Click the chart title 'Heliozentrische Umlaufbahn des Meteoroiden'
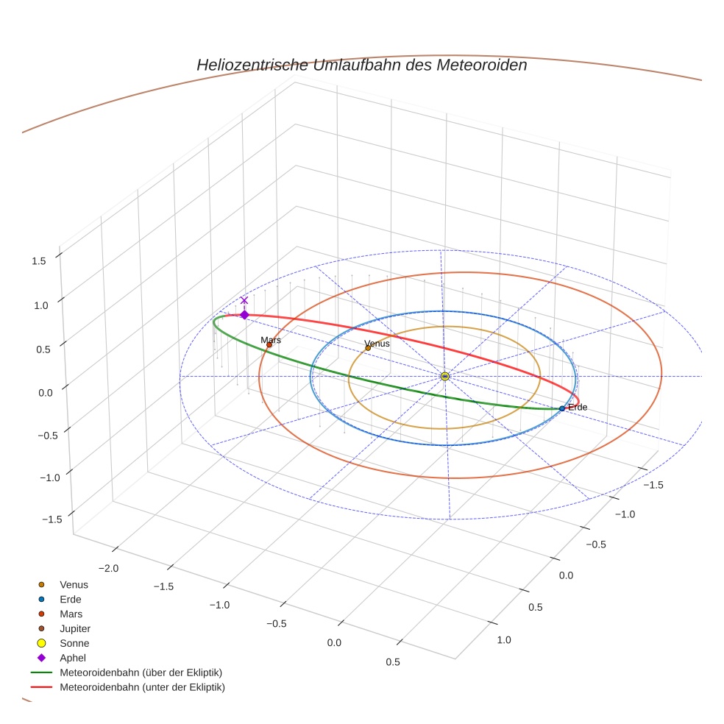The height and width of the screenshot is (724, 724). [361, 65]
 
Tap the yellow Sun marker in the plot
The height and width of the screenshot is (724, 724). [445, 376]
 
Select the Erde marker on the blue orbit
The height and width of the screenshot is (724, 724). [562, 408]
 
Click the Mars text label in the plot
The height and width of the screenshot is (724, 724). [271, 340]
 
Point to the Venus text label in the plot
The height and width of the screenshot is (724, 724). [377, 344]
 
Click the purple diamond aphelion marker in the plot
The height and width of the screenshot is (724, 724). [244, 315]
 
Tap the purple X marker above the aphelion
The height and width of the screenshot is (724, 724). [244, 300]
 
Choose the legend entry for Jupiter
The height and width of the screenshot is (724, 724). [75, 628]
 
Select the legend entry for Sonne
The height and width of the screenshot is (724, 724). [74, 643]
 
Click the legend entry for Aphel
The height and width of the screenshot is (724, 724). [73, 658]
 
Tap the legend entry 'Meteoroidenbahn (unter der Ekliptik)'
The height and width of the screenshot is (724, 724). [142, 687]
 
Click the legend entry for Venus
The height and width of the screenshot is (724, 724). [74, 584]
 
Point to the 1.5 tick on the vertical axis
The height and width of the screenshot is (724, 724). [40, 260]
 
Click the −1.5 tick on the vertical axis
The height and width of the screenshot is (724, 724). [52, 519]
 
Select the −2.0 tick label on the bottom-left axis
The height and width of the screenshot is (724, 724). [108, 568]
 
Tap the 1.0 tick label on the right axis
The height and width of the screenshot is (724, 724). [503, 640]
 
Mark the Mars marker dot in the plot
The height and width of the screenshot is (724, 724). [269, 345]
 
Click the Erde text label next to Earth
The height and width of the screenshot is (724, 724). [578, 407]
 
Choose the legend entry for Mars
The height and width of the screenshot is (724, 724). [71, 614]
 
